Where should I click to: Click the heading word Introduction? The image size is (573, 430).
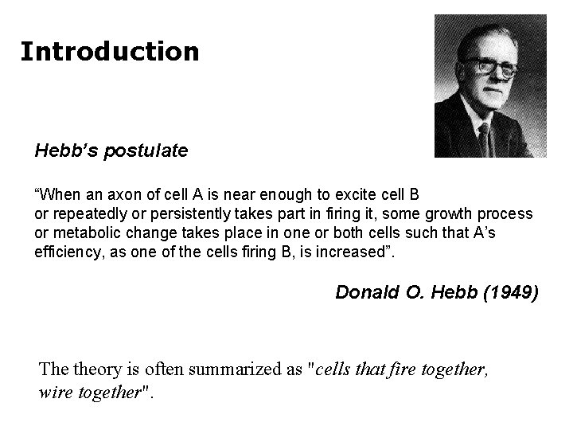[110, 52]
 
